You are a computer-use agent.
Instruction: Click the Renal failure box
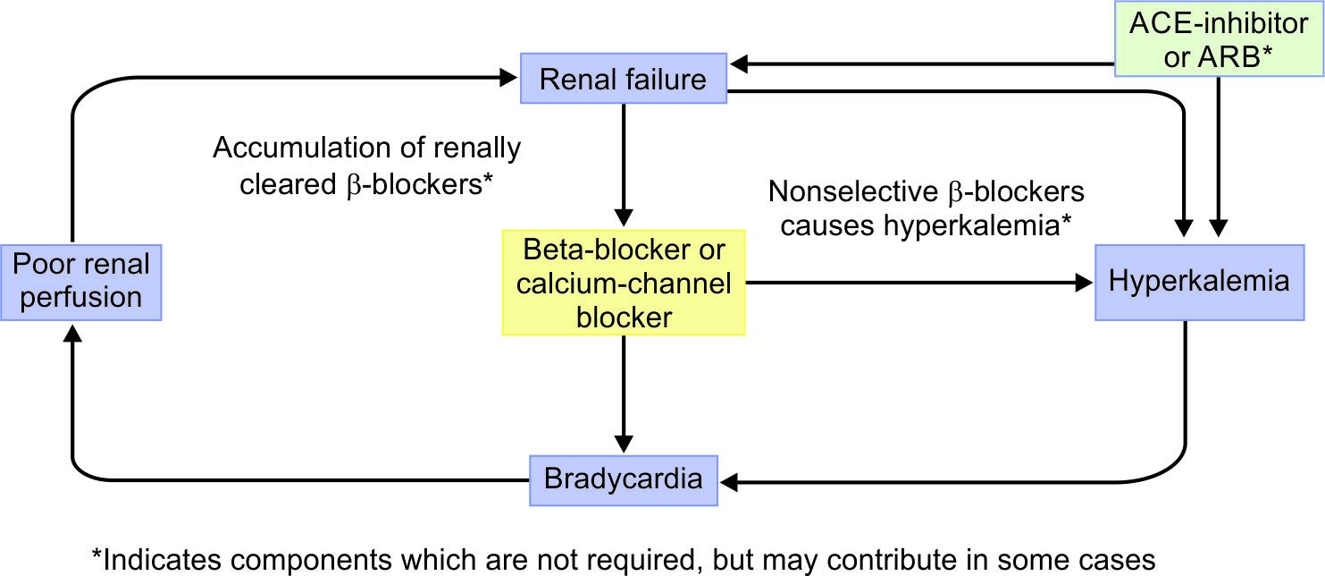tap(623, 80)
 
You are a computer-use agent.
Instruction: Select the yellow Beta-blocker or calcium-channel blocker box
tap(623, 283)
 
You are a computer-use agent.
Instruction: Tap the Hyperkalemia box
tap(1199, 281)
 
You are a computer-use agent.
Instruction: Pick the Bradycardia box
tap(623, 479)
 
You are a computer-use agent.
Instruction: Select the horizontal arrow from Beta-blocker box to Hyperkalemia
tap(920, 283)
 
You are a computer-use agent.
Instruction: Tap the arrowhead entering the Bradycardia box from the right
tap(731, 482)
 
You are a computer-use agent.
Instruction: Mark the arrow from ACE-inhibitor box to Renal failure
tap(920, 64)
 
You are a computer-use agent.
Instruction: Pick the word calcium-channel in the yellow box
tap(623, 284)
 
